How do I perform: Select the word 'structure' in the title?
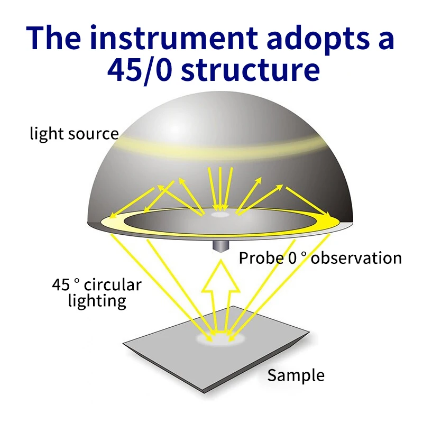251,70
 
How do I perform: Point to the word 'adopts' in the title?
318,39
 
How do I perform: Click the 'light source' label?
74,134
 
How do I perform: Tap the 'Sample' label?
296,376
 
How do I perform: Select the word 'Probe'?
261,258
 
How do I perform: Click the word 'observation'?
356,258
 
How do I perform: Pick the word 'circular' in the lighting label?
113,284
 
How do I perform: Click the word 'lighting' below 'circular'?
97,301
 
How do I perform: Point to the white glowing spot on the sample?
220,338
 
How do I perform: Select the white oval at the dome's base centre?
220,215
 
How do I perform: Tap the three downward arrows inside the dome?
220,189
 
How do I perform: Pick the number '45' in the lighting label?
60,284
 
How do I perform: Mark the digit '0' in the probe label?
292,258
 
